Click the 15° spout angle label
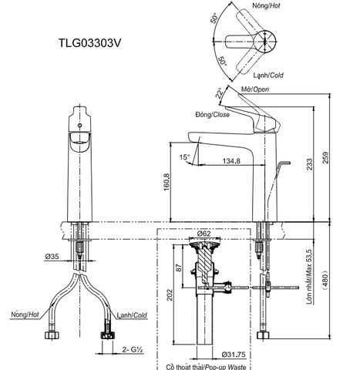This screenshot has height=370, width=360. [x=184, y=157]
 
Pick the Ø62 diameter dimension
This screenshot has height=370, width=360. [x=204, y=233]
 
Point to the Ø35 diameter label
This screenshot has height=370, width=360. [x=52, y=255]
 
